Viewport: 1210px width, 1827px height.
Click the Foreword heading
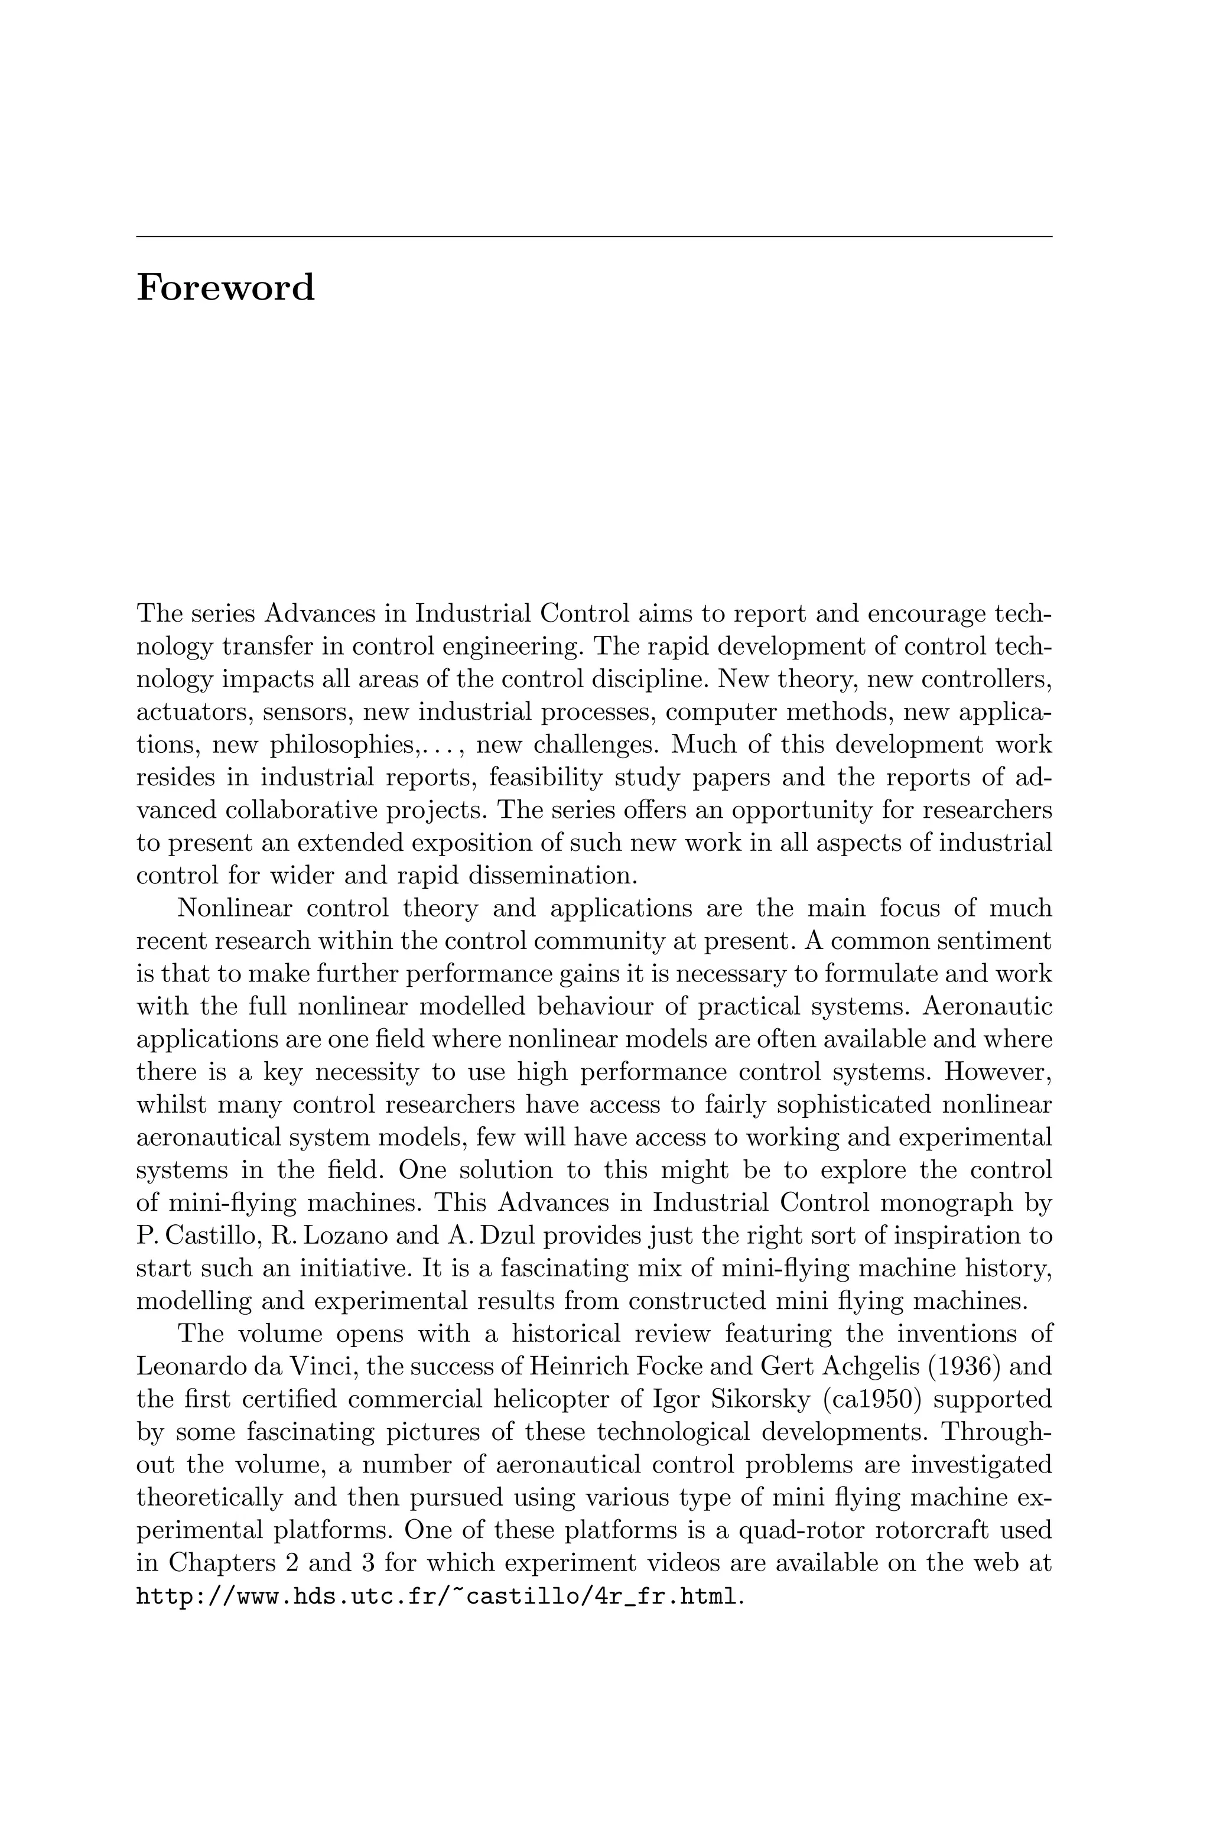tap(225, 288)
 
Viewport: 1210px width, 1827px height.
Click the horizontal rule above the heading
tap(594, 236)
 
